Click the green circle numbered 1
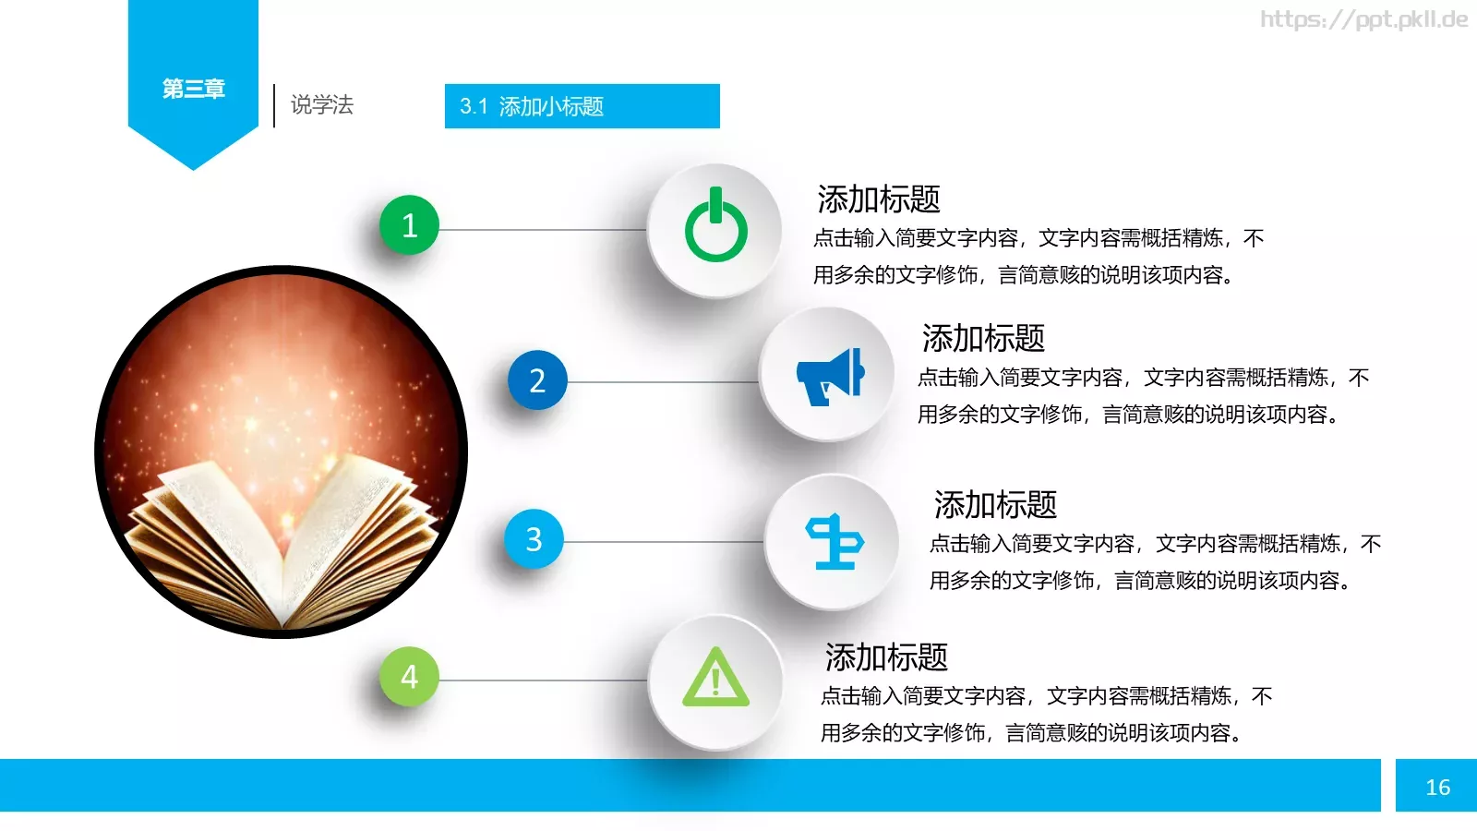410,225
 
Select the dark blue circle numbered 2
537,380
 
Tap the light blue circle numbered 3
534,539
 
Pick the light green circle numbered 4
410,677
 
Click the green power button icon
715,229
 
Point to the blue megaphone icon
829,377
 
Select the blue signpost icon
834,541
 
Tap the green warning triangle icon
715,680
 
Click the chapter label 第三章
194,89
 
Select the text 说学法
322,105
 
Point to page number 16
1437,787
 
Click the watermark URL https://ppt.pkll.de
1363,19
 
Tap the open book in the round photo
282,536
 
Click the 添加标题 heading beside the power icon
879,199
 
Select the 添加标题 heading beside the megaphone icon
983,339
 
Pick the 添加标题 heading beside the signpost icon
995,505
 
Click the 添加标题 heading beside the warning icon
886,657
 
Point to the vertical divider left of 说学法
274,105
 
